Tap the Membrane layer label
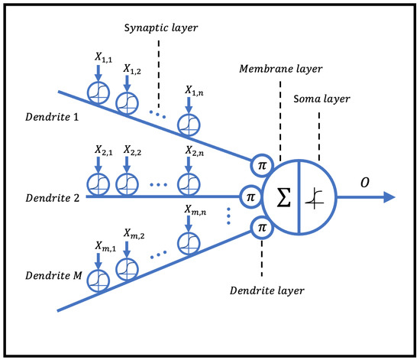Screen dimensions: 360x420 (280, 69)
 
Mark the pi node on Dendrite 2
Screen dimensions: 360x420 (250, 196)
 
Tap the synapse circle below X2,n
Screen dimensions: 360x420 (186, 184)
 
